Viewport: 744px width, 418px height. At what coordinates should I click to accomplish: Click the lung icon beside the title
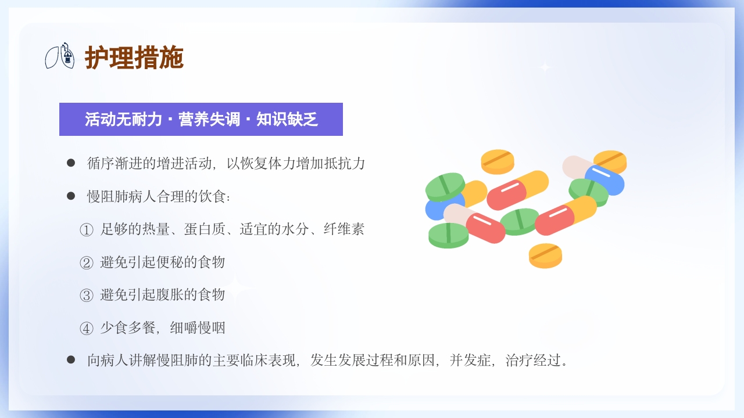point(60,56)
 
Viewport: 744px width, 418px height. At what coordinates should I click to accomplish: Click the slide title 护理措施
point(134,58)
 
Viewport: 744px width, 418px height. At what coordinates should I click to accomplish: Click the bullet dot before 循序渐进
point(71,163)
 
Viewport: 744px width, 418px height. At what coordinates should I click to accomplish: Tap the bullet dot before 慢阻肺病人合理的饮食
point(71,196)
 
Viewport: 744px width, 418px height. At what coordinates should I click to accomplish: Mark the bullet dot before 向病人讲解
point(71,360)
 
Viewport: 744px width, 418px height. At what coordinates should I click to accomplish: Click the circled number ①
point(86,230)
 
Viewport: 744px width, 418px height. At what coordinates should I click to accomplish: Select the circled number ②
point(86,262)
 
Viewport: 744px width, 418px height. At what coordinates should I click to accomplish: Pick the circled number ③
point(86,295)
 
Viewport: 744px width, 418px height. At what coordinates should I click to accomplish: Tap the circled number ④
point(86,328)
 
